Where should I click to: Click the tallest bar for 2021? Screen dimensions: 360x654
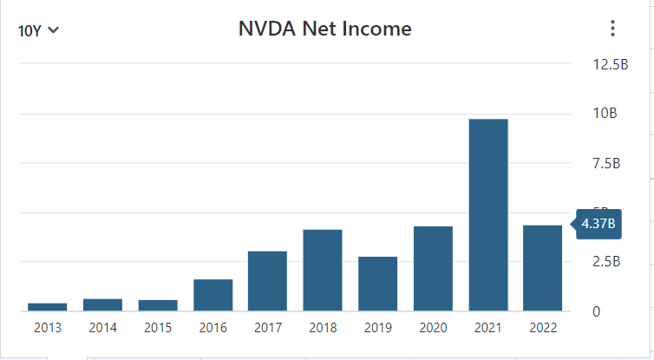click(x=488, y=214)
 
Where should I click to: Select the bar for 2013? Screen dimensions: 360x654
click(x=48, y=306)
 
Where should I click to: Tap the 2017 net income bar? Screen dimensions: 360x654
click(x=267, y=281)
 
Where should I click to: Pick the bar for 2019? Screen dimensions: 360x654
click(x=378, y=284)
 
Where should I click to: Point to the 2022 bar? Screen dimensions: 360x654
click(x=543, y=268)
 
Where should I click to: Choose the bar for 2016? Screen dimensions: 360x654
click(x=213, y=295)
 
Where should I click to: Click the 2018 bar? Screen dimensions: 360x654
click(x=323, y=270)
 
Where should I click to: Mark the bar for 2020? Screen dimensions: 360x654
click(x=433, y=268)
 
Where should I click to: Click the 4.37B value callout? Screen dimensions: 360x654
click(x=598, y=224)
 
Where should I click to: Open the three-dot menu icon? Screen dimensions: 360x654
click(x=612, y=29)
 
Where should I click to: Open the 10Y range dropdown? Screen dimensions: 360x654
click(x=38, y=30)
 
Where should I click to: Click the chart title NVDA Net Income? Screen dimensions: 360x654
click(x=324, y=29)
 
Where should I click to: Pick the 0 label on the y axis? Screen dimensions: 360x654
click(x=594, y=311)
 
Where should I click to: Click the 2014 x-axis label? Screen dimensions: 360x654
click(x=102, y=328)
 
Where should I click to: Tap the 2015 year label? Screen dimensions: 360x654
click(x=157, y=328)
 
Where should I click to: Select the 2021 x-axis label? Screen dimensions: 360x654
click(x=488, y=328)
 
